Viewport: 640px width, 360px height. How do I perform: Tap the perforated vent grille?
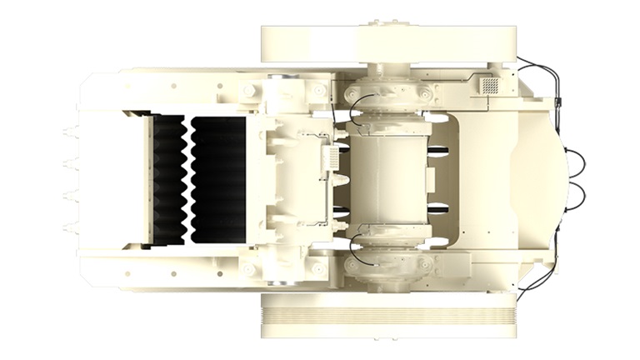click(491, 85)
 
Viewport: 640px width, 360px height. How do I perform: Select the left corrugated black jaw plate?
click(168, 178)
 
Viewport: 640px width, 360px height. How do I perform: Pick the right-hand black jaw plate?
click(218, 179)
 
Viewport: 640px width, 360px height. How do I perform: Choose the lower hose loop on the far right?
click(577, 195)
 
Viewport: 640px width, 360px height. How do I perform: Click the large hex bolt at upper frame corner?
click(249, 89)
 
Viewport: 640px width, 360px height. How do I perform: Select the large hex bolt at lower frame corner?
click(249, 269)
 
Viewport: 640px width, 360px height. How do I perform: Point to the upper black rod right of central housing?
click(439, 150)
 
